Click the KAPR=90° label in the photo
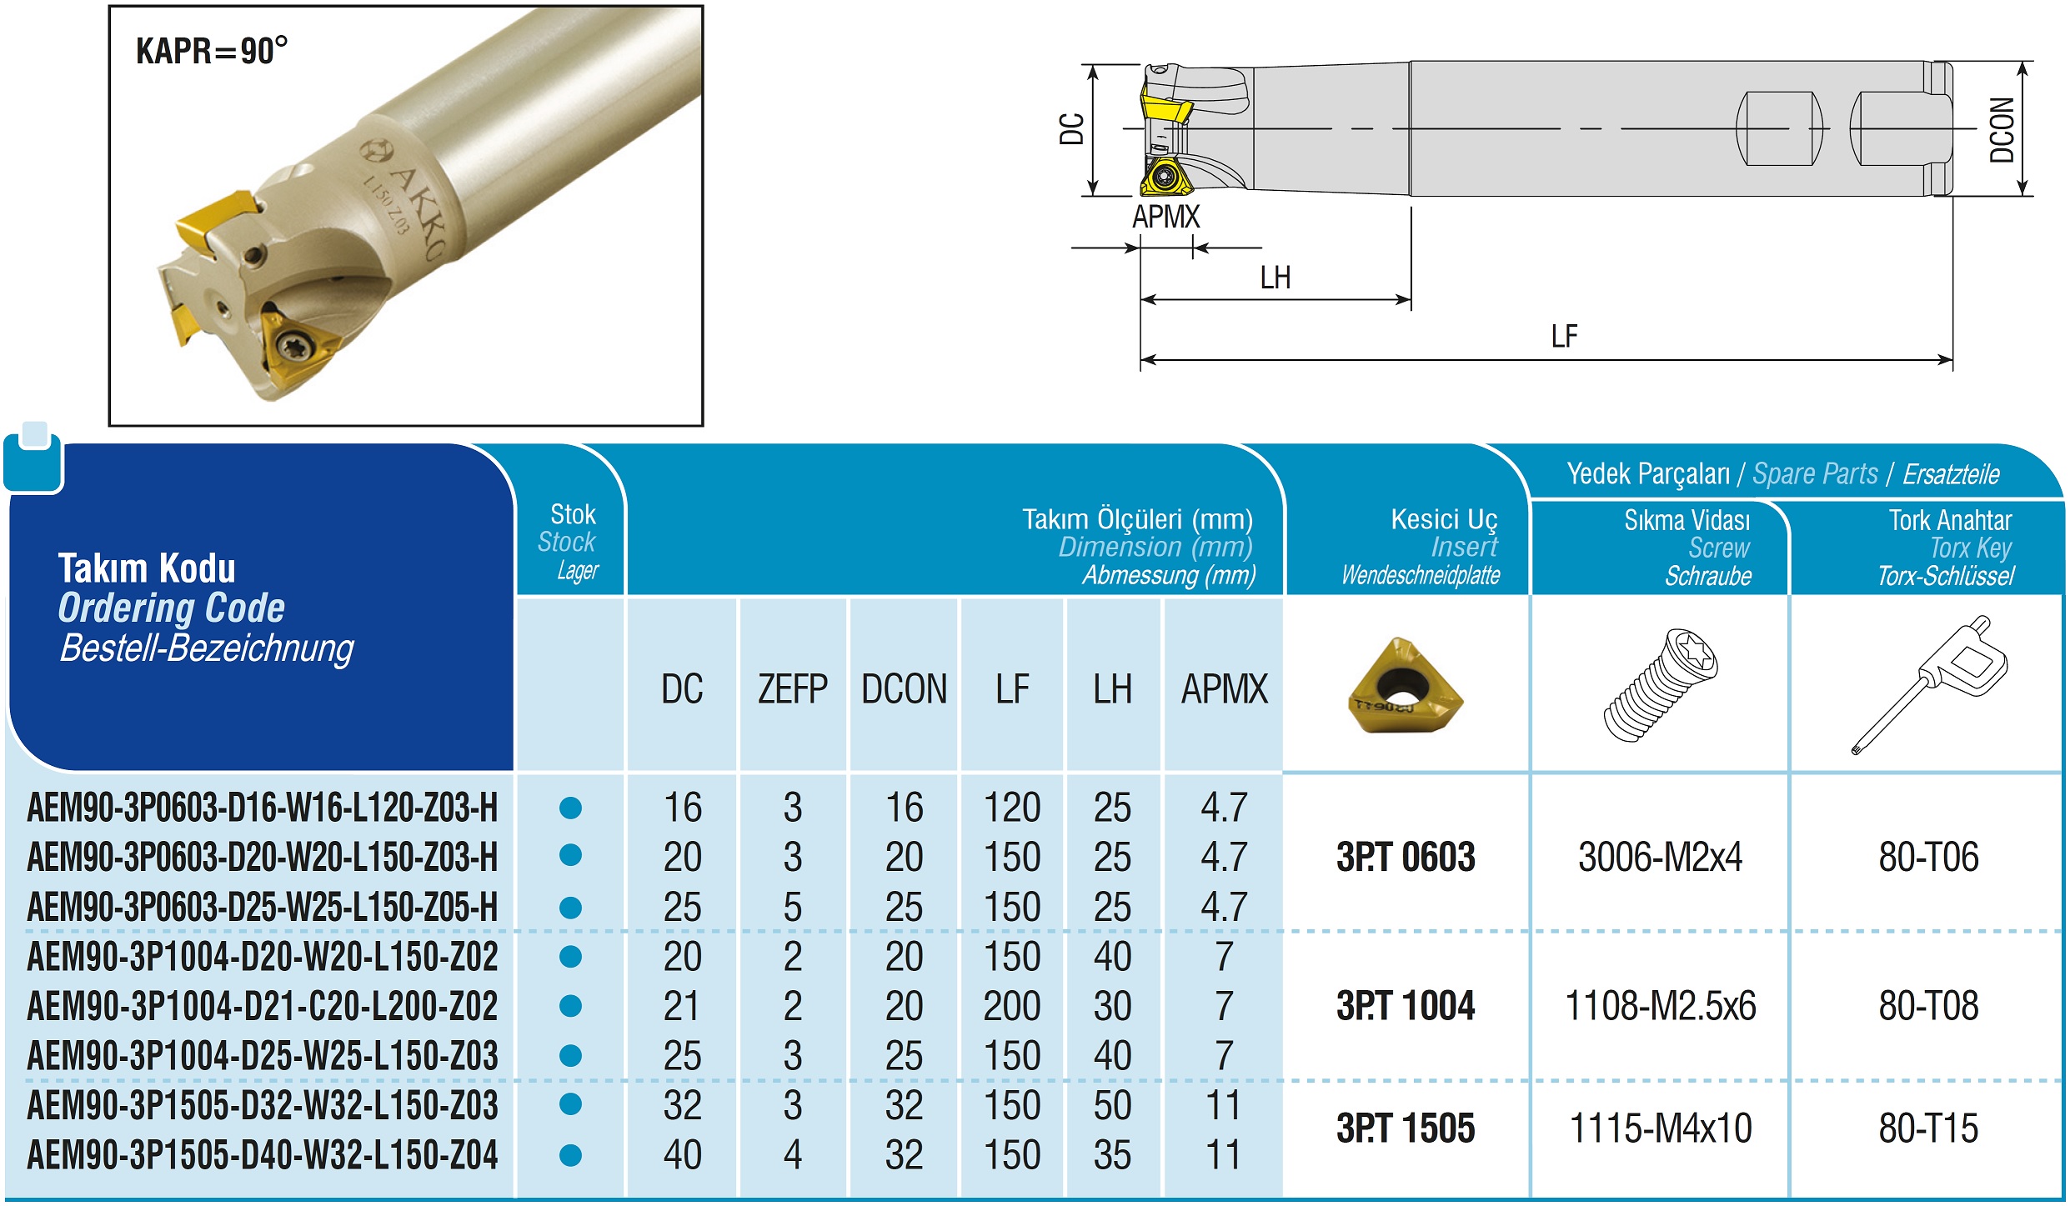(x=212, y=51)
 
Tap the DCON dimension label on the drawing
(x=2002, y=129)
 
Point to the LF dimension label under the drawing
(x=1564, y=337)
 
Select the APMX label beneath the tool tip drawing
(x=1165, y=217)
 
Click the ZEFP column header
(x=792, y=689)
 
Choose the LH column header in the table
(x=1112, y=689)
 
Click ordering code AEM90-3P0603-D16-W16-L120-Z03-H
(x=263, y=808)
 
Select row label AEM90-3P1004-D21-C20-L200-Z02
(x=263, y=1006)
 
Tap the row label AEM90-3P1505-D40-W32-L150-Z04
(x=263, y=1155)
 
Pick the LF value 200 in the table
(x=1012, y=1006)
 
